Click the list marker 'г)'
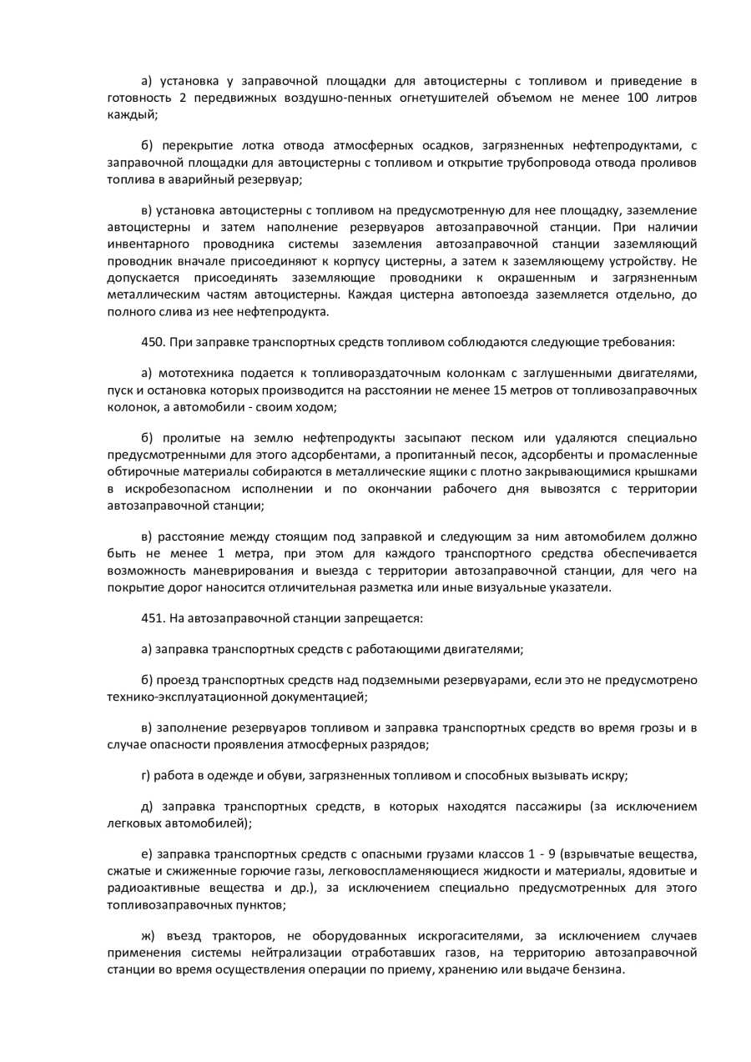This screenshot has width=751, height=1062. (146, 775)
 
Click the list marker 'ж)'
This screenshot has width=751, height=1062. (148, 936)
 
